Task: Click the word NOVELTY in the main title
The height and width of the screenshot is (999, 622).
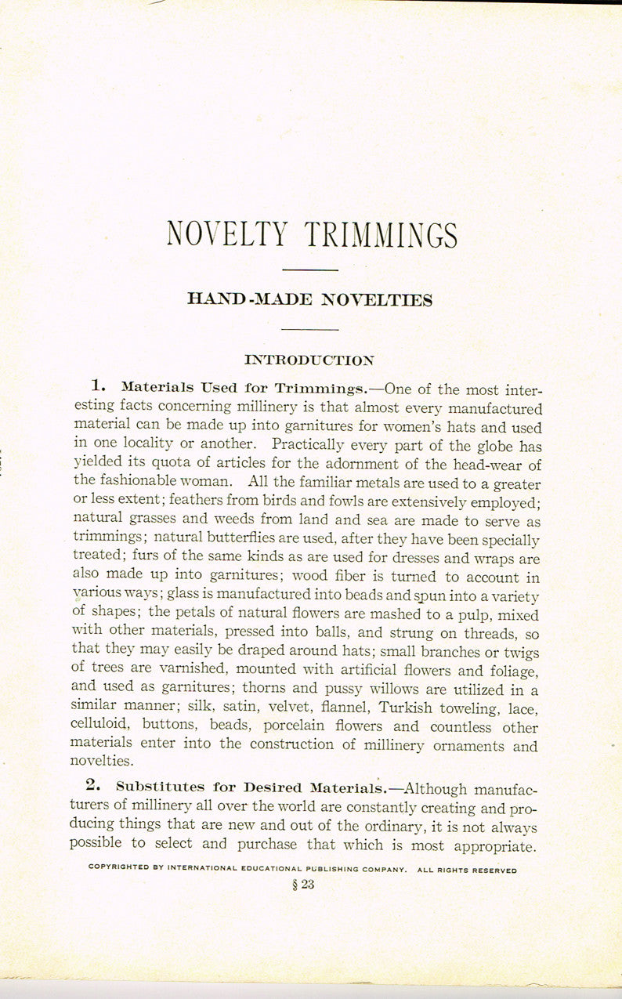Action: pyautogui.click(x=226, y=234)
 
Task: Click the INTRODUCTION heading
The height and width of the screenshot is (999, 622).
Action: pyautogui.click(x=309, y=360)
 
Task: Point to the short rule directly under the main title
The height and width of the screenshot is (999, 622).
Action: pyautogui.click(x=309, y=270)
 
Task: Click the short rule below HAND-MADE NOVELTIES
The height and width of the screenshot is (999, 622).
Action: pyautogui.click(x=309, y=329)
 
